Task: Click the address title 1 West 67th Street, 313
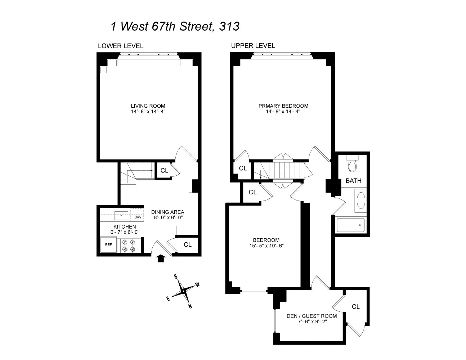[x=175, y=26]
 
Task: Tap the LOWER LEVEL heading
[x=121, y=46]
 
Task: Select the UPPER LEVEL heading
[x=253, y=45]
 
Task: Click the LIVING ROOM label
[x=148, y=106]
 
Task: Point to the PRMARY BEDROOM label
[x=283, y=106]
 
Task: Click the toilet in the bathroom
[x=352, y=165]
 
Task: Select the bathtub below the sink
[x=350, y=225]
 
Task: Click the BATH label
[x=353, y=181]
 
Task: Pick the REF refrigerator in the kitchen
[x=108, y=245]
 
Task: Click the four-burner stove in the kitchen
[x=129, y=246]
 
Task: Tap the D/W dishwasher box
[x=138, y=217]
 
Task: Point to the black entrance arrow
[x=161, y=258]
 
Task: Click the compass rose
[x=183, y=291]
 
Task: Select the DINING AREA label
[x=167, y=212]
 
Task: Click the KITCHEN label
[x=125, y=227]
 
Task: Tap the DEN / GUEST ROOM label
[x=312, y=316]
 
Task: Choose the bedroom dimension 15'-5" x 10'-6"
[x=266, y=246]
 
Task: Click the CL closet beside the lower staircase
[x=164, y=171]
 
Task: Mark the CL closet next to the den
[x=355, y=307]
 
